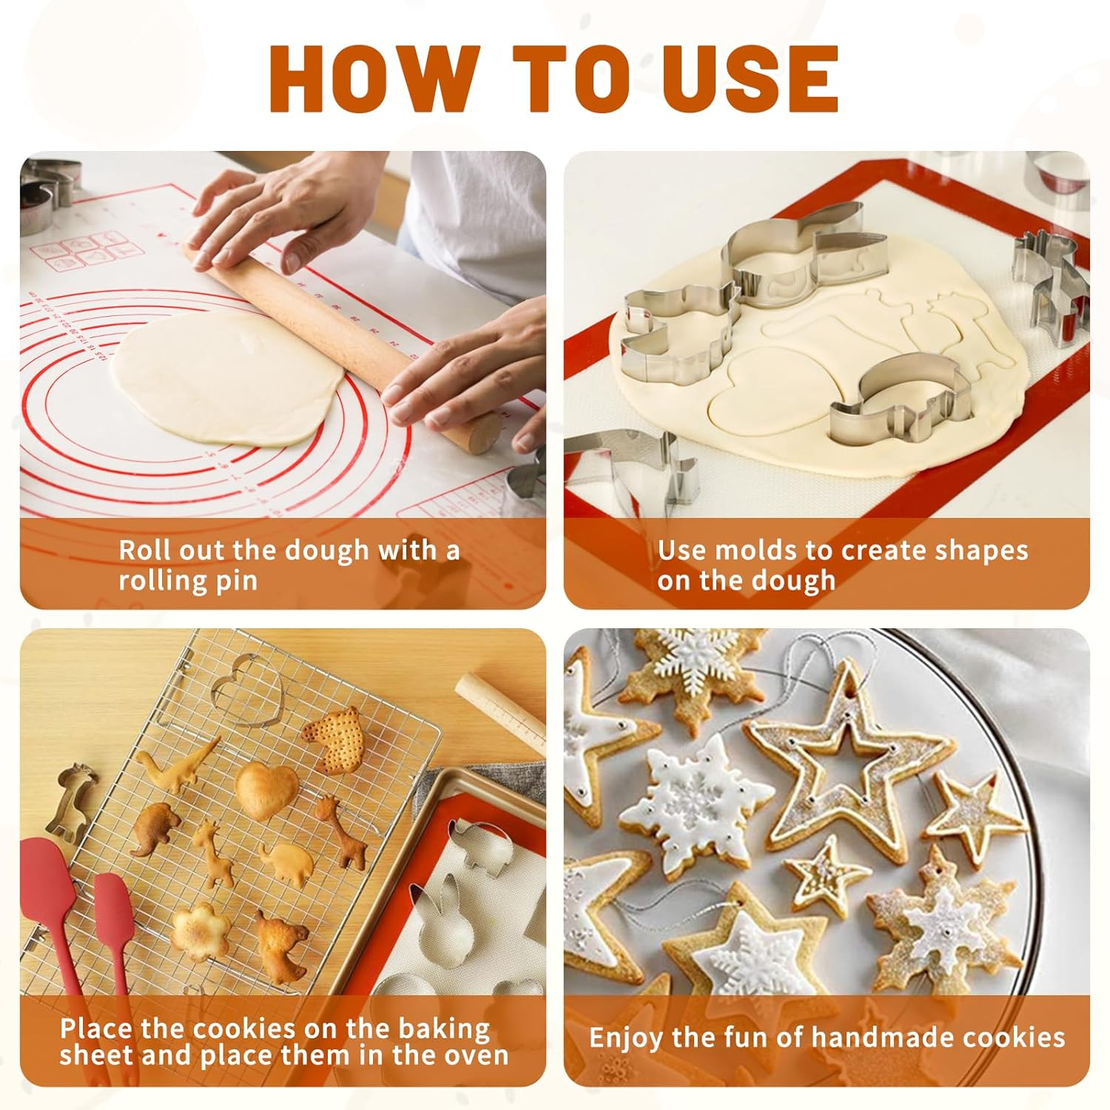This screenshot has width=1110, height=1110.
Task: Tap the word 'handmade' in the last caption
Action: tap(883, 1037)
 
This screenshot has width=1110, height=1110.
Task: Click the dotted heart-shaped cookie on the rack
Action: tap(334, 739)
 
